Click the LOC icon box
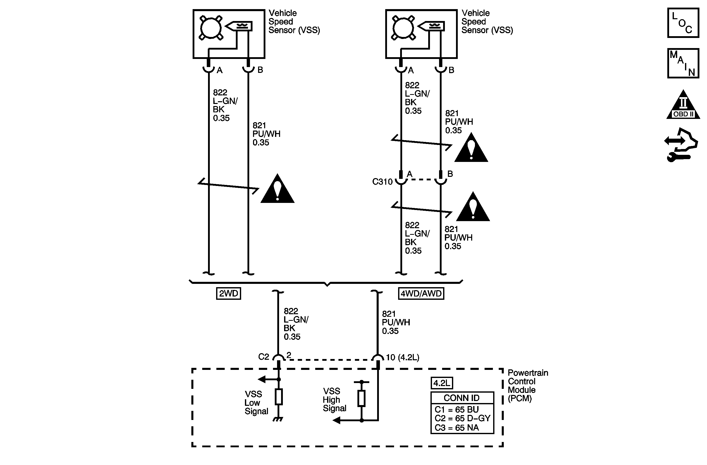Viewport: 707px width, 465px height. tap(683, 23)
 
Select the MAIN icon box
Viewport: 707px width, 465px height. tap(683, 63)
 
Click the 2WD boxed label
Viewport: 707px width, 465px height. tap(228, 293)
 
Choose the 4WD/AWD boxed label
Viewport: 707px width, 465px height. tap(421, 293)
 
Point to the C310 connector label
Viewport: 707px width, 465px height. tap(382, 182)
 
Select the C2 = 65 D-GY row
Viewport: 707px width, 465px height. tap(462, 418)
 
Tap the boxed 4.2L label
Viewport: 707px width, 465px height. tap(442, 383)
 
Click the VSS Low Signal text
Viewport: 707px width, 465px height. tap(256, 403)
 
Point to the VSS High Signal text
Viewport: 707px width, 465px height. tap(334, 399)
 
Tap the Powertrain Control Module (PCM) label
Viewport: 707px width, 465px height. tap(527, 385)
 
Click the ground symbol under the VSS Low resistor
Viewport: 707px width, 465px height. tap(278, 419)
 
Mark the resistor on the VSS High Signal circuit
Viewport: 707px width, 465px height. tap(361, 398)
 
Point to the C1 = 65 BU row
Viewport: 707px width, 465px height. tap(457, 409)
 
